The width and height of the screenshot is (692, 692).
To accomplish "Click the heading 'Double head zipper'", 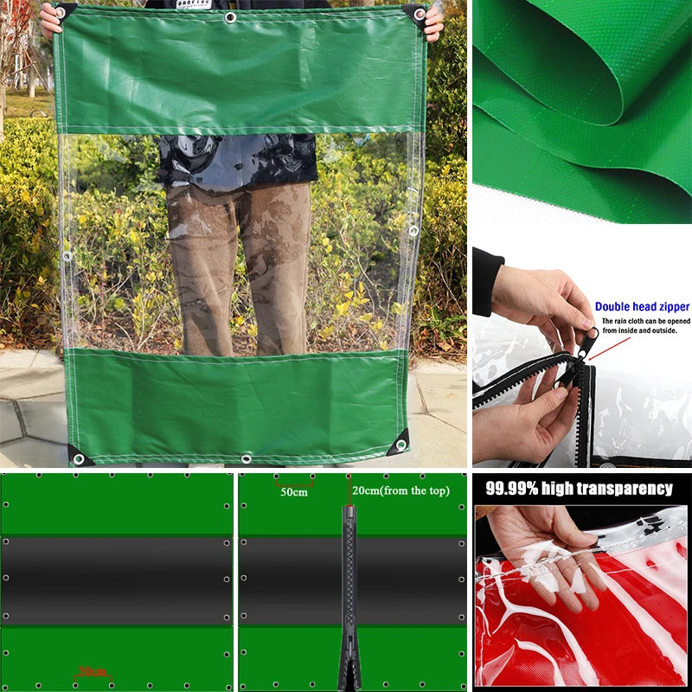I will click(642, 306).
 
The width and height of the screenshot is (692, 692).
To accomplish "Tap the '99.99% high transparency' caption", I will click(579, 489).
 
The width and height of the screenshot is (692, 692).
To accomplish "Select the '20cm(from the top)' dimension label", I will click(400, 490).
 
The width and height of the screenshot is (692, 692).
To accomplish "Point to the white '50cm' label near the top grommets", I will click(293, 492).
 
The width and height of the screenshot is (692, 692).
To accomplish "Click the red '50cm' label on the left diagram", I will click(92, 671).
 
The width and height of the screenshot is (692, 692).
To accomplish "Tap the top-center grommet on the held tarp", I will click(230, 17).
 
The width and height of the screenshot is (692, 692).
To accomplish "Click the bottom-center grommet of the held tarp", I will click(247, 458).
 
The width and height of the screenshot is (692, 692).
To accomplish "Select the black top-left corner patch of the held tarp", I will click(66, 10).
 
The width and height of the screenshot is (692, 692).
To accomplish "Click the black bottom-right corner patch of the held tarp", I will click(399, 445).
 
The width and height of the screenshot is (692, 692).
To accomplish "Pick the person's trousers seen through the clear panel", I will click(238, 259).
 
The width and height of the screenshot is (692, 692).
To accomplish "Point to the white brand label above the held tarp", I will click(193, 3).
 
